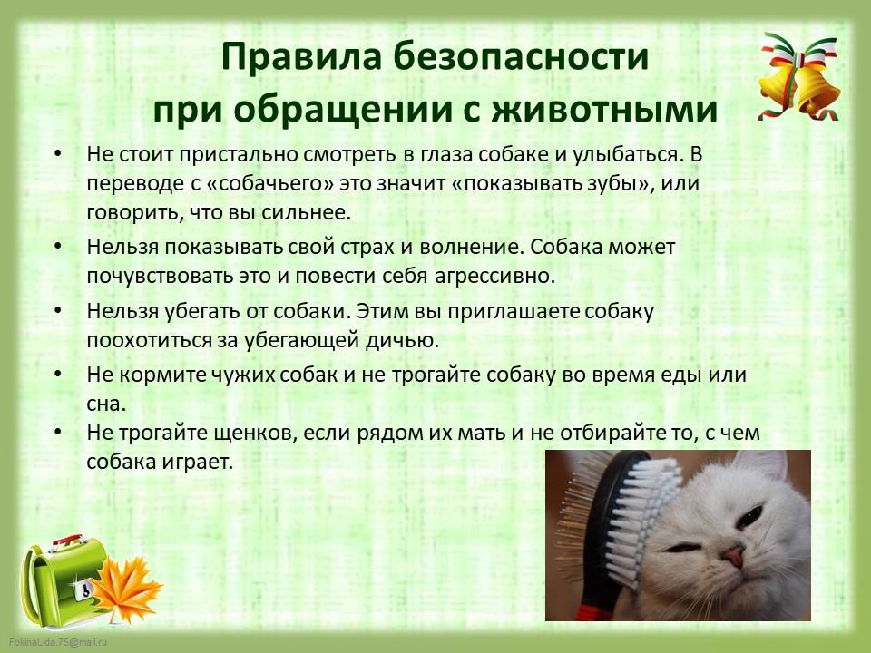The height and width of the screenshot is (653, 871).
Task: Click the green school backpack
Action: (63, 580)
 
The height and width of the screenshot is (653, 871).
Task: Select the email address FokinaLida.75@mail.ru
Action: (58, 642)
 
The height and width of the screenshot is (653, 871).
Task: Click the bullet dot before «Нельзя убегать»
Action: (58, 310)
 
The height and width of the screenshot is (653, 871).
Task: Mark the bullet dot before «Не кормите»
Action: (58, 374)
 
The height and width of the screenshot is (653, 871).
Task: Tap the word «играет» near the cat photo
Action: (197, 462)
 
